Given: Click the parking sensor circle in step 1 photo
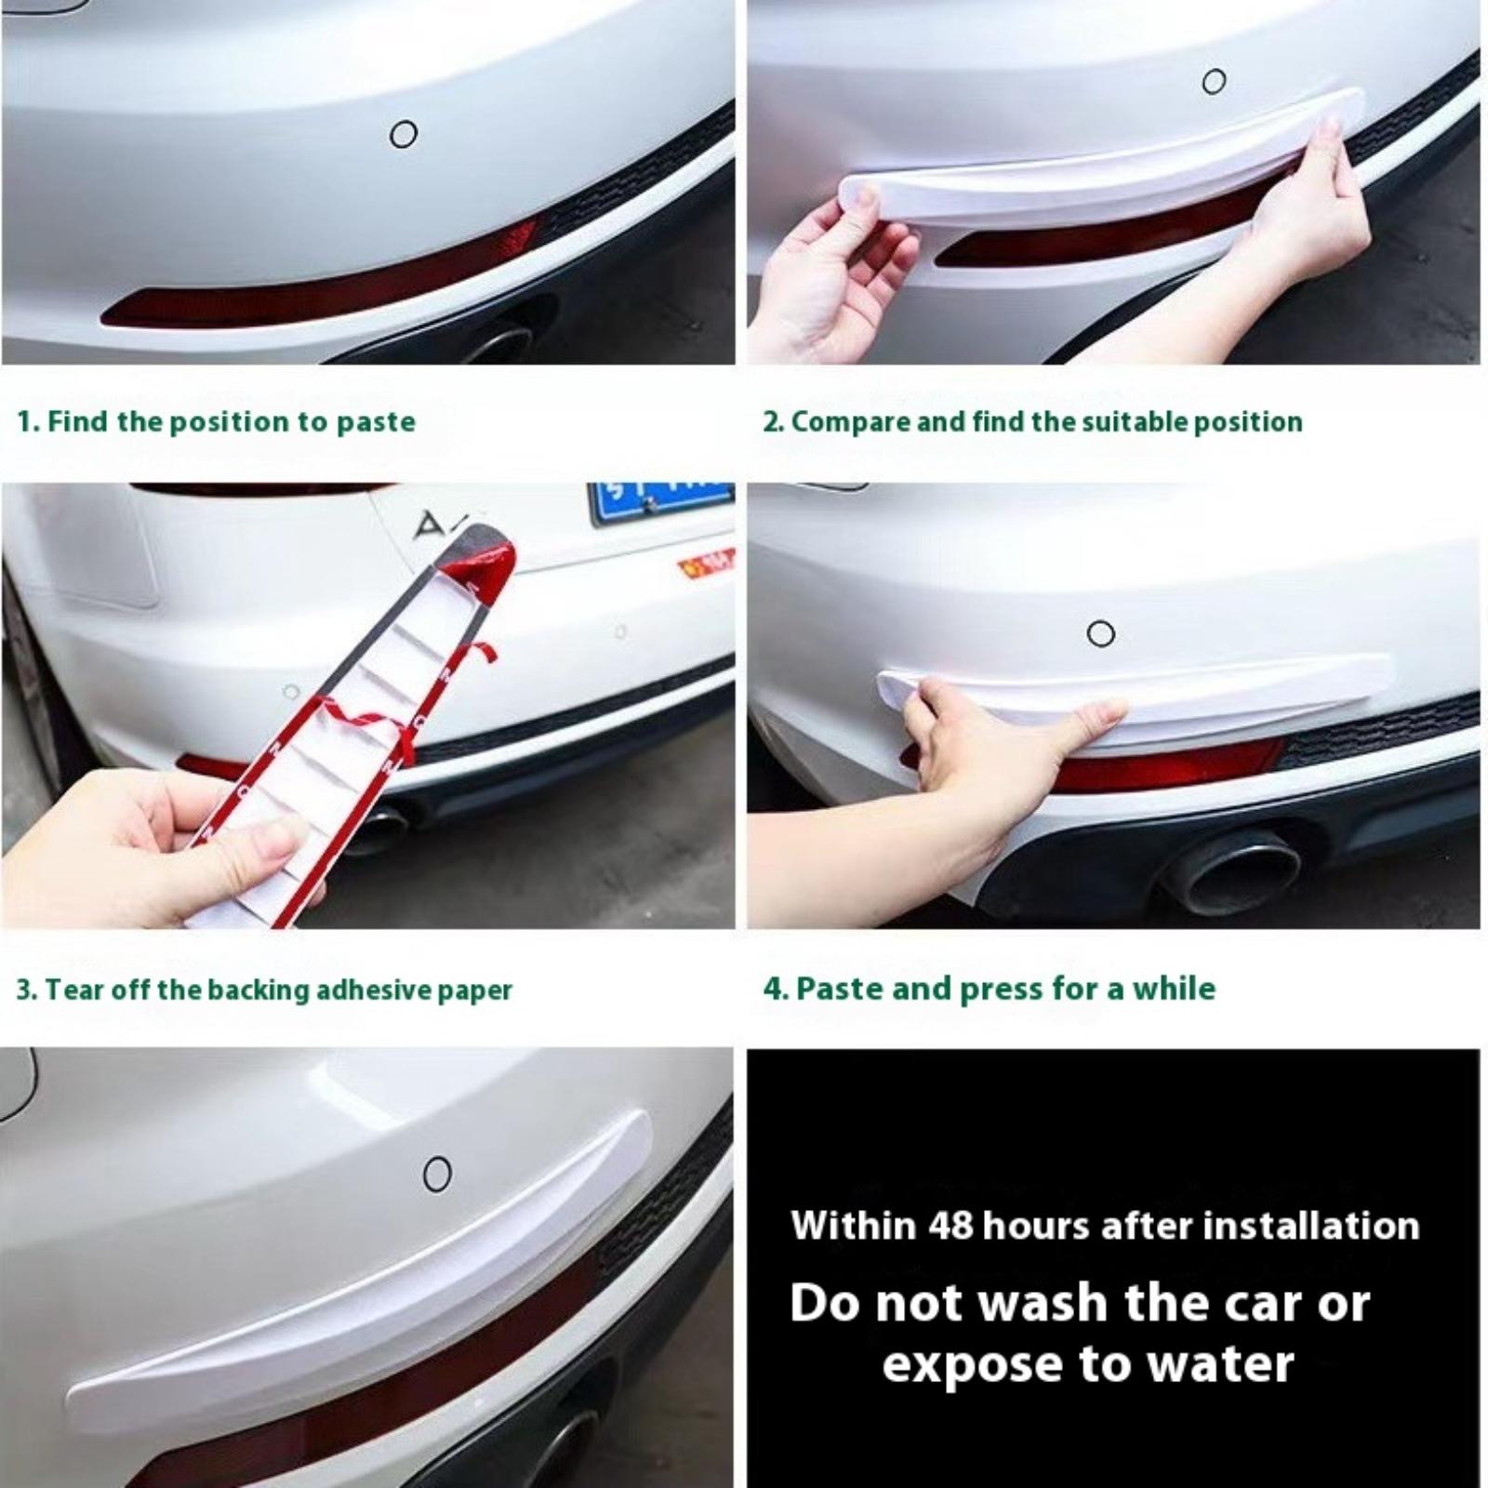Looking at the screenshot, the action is [403, 135].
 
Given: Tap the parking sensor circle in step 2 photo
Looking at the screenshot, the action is [1214, 82].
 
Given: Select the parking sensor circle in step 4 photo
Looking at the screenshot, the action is [1101, 634].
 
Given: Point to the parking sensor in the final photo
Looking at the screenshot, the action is [437, 1174].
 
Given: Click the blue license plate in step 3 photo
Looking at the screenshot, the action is [660, 502].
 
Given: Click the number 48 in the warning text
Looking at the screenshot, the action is [950, 1226].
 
